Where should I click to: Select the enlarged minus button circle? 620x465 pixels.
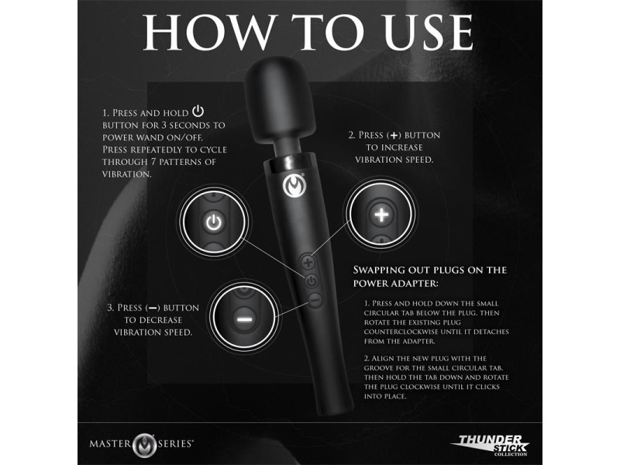coord(243,317)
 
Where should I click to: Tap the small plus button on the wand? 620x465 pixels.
coord(311,261)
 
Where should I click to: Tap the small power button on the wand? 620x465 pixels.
coord(312,281)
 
